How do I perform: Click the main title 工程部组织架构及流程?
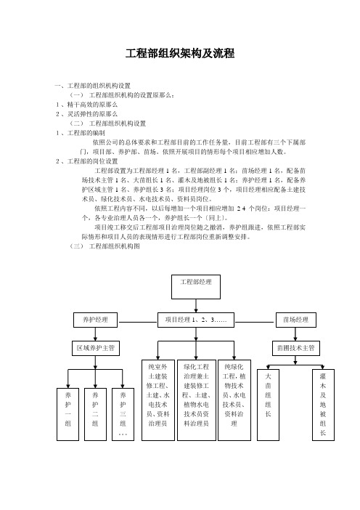coord(180,53)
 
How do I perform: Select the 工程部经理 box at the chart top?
coord(196,287)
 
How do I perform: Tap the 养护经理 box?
coord(95,320)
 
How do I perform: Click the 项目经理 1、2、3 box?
coord(196,320)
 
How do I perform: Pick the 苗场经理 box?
coord(295,320)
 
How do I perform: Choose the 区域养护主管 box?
coord(96,348)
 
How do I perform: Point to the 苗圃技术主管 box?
coord(295,348)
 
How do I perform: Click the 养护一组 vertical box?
coord(67,414)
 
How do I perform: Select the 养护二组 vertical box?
coord(95,414)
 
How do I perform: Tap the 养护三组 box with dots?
coord(123,414)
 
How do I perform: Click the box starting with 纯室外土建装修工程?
coord(158,400)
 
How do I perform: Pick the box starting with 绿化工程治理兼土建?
coord(196,400)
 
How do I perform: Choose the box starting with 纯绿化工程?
coord(234,400)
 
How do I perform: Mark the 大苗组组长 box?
coord(268,405)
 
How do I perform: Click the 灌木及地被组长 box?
coord(323,405)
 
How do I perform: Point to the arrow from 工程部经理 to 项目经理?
coord(196,306)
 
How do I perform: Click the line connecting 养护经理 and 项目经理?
coord(138,322)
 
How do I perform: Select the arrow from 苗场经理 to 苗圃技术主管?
coord(295,334)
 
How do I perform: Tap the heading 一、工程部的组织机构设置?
coord(93,86)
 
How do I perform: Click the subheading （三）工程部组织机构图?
coord(105,246)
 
